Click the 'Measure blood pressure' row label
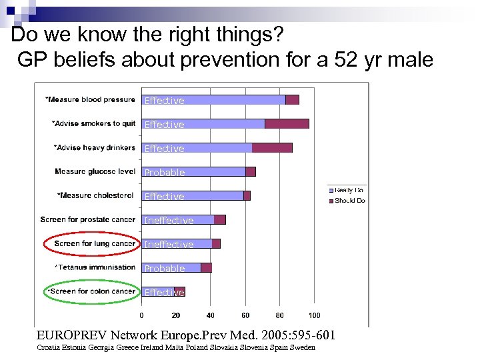pos(90,99)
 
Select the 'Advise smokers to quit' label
pos(93,123)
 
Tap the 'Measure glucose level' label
pos(95,171)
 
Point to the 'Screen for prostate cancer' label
pos(87,219)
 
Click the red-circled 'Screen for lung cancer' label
pos(95,243)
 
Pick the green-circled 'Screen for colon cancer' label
pos(93,291)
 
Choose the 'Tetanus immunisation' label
pos(96,267)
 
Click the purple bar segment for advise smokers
pos(287,124)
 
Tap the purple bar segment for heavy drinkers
pos(272,148)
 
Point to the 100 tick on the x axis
pos(314,315)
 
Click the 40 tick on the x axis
pos(211,315)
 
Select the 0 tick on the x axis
pos(141,315)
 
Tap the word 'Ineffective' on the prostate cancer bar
pos(169,220)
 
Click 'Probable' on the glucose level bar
pos(165,172)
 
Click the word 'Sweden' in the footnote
pos(303,348)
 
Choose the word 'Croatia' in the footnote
pos(50,348)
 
